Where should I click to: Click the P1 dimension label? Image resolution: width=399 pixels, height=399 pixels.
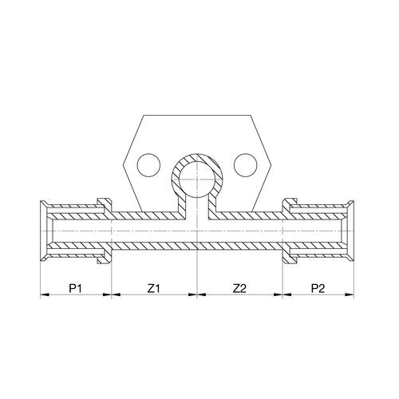click(x=75, y=288)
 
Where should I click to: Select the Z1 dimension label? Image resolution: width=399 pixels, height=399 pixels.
click(x=154, y=288)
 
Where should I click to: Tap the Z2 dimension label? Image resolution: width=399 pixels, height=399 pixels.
click(x=240, y=288)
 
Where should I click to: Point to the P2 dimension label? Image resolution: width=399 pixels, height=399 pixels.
click(x=318, y=288)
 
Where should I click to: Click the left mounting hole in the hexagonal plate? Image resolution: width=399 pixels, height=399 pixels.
click(x=149, y=165)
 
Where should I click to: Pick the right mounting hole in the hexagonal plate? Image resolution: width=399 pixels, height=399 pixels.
click(x=246, y=165)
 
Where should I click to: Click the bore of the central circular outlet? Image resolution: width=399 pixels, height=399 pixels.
click(x=197, y=180)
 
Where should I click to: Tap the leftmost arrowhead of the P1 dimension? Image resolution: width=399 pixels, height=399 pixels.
click(x=45, y=294)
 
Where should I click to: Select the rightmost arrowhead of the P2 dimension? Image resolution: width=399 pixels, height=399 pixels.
click(x=350, y=294)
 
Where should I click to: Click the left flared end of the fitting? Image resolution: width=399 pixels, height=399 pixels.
click(x=44, y=231)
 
